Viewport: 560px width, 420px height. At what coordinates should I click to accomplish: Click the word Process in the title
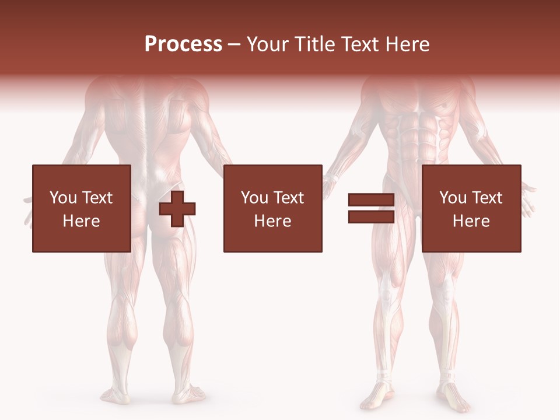coord(183,44)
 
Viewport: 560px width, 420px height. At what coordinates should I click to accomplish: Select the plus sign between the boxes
coord(177,209)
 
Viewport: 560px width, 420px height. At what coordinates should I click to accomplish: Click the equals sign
coord(371,209)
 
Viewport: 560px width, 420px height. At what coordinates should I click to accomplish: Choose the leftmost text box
coord(81,208)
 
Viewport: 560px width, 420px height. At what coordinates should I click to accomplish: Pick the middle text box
coord(272,208)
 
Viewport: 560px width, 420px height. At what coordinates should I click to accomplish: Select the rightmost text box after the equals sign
coord(471,208)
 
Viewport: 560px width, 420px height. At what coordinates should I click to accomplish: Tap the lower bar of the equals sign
coord(371,216)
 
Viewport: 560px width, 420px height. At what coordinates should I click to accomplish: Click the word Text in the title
coord(358,44)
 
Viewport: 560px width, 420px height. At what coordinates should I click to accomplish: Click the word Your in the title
coord(265,44)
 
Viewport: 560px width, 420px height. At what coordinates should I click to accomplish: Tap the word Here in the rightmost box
coord(471,221)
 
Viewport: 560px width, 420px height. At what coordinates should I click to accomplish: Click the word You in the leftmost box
coord(63,198)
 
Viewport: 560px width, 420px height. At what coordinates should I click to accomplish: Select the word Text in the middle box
coord(289,198)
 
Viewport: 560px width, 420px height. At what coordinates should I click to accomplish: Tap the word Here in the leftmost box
coord(81,221)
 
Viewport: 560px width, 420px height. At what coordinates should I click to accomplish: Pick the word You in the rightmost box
coord(453,198)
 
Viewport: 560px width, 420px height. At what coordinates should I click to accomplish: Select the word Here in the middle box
coord(272,221)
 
